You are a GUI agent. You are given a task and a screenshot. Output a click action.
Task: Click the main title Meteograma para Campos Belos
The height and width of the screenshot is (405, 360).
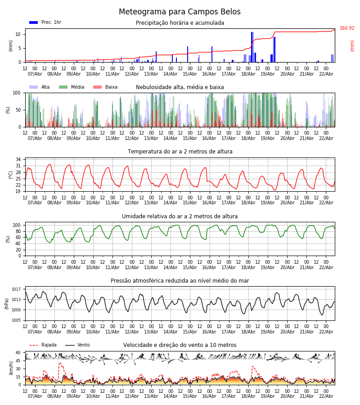[180, 12]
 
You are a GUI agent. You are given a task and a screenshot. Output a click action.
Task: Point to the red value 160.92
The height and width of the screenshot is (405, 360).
[347, 28]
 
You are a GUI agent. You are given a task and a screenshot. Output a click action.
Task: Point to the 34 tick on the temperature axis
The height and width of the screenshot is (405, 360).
[18, 159]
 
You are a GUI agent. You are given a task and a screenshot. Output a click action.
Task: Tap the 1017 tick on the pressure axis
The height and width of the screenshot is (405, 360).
[16, 289]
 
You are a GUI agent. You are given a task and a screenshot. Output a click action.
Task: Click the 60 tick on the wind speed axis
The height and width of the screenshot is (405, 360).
[18, 353]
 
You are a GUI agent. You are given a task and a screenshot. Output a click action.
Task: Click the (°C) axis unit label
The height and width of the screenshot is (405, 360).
[11, 175]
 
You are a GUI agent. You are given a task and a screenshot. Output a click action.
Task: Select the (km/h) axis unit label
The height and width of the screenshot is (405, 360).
[11, 368]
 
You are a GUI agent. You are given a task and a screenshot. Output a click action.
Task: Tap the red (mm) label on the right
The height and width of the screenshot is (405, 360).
[352, 45]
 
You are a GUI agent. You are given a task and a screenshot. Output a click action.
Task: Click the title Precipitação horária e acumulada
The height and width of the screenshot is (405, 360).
[180, 23]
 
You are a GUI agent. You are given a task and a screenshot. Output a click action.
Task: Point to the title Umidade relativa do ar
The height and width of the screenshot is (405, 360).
[180, 216]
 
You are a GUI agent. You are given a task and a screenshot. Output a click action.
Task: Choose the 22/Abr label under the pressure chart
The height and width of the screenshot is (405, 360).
[326, 332]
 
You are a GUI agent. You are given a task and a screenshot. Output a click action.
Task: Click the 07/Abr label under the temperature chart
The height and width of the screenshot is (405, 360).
[35, 203]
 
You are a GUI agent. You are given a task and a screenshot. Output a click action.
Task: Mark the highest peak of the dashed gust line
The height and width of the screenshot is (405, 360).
[60, 363]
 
